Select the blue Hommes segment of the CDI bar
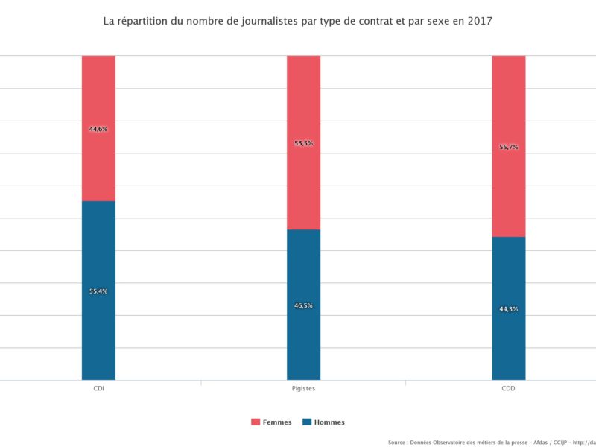pyautogui.click(x=98, y=328)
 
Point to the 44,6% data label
pyautogui.click(x=98, y=129)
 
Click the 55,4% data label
pyautogui.click(x=98, y=291)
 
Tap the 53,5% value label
pyautogui.click(x=303, y=143)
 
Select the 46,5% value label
pyautogui.click(x=303, y=305)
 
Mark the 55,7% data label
pyautogui.click(x=508, y=148)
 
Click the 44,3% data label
pyautogui.click(x=508, y=309)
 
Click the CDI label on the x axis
pyautogui.click(x=98, y=389)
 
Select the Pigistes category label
pyautogui.click(x=303, y=389)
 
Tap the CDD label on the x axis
pyautogui.click(x=508, y=389)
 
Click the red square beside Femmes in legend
pyautogui.click(x=256, y=422)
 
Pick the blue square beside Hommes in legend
pyautogui.click(x=306, y=422)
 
